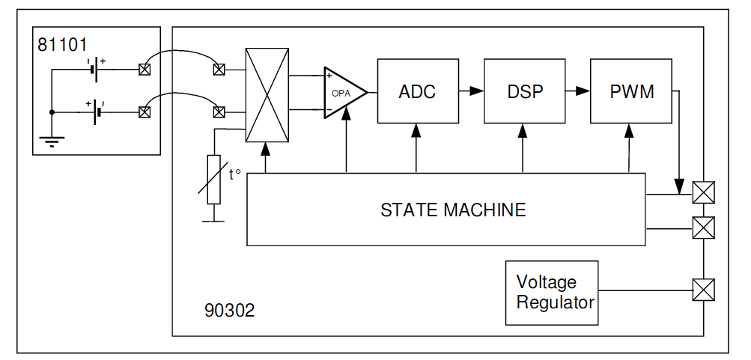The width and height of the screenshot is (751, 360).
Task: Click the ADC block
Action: (418, 91)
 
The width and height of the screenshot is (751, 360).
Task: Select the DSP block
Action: (525, 91)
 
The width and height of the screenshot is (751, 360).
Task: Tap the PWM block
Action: (631, 91)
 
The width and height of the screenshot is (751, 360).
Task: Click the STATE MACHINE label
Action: (453, 210)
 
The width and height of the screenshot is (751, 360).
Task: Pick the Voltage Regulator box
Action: (552, 293)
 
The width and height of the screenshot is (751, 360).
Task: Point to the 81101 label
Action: (62, 44)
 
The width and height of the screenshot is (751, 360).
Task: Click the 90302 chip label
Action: (229, 311)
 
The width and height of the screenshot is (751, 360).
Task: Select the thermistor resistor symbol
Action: (213, 180)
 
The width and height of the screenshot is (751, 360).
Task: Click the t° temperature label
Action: (234, 174)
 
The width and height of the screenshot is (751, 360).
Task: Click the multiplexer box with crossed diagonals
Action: (267, 95)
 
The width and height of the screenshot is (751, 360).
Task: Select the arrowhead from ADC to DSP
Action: (476, 91)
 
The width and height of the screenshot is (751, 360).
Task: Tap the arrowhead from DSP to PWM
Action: (583, 91)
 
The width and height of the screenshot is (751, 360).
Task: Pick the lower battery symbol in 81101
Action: (97, 112)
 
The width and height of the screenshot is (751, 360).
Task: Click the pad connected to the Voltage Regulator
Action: (704, 290)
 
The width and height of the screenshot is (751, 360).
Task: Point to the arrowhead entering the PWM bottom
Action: (629, 131)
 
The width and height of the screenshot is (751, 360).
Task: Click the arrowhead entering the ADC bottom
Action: (416, 131)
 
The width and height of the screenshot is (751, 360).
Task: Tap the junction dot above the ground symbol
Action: (52, 112)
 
